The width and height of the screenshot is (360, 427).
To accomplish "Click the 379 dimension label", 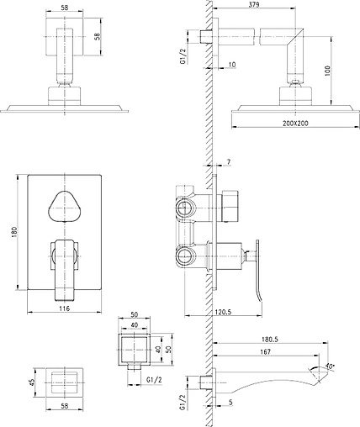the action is point(254,4).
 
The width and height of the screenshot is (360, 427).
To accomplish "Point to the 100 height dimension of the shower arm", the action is point(328,71).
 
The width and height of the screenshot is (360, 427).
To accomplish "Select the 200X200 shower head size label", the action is point(295,123).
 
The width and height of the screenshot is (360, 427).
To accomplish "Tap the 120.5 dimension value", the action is point(223,312).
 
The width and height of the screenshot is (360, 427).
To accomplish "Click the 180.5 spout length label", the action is point(270,340).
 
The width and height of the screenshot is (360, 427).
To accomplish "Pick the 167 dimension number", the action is point(265,351).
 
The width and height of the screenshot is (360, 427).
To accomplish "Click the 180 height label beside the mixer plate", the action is point(14,232).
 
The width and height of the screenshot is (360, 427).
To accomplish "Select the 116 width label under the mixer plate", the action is point(64,308).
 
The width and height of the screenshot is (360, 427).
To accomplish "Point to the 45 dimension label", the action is point(32,382).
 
